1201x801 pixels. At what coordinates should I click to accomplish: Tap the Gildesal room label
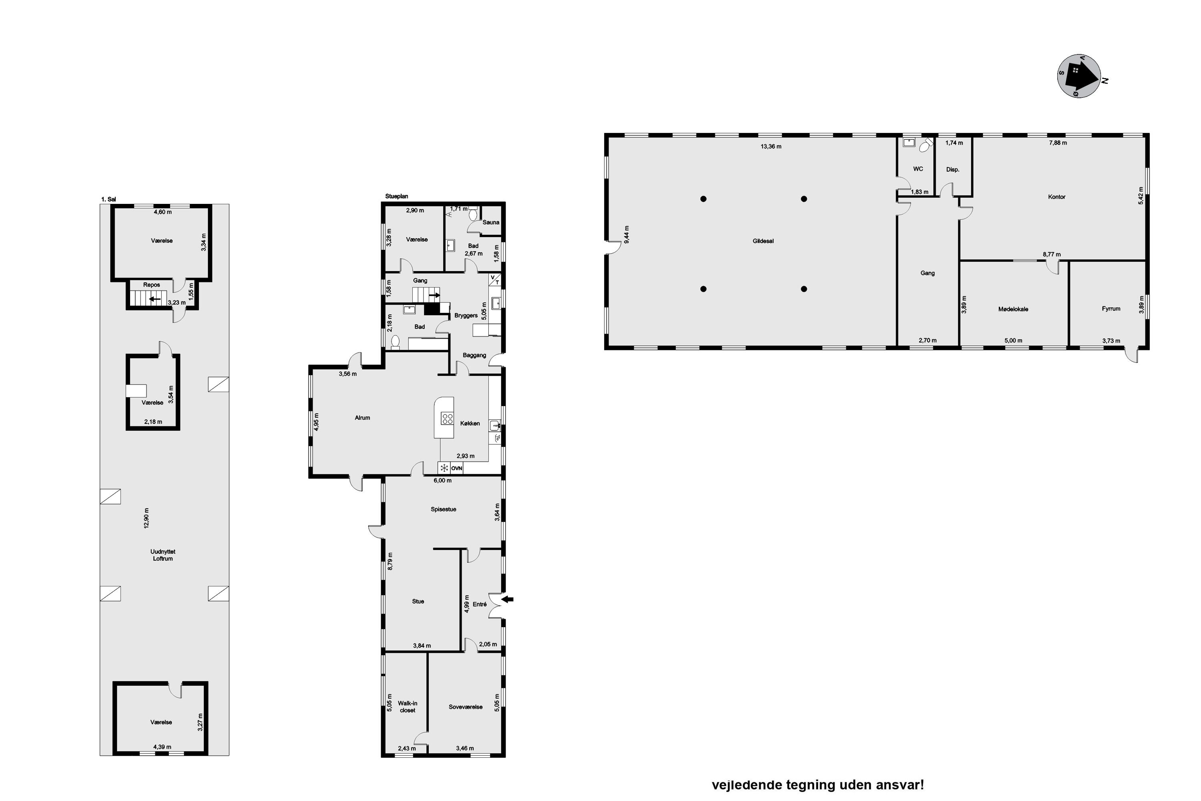tap(763, 241)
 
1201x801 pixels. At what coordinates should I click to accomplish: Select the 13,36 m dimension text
tap(771, 147)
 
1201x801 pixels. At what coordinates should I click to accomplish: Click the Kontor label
tap(1056, 197)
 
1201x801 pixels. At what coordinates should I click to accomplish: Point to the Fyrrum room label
tap(1111, 308)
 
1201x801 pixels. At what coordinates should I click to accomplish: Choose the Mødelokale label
tap(1013, 309)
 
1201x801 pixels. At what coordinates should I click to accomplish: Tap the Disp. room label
tap(953, 169)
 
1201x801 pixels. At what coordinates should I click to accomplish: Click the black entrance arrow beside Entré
tap(507, 599)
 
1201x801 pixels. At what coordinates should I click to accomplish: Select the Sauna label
tap(491, 222)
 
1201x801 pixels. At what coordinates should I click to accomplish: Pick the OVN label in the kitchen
tap(456, 468)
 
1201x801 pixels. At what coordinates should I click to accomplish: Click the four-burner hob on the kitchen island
tap(447, 419)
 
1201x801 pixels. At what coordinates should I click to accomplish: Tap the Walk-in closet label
tap(408, 706)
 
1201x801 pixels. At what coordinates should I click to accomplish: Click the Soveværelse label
tap(465, 707)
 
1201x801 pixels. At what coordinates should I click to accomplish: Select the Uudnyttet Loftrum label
tap(163, 555)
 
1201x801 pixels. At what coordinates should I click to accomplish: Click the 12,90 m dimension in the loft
tap(147, 518)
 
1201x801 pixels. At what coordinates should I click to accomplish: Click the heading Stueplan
tap(397, 196)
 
